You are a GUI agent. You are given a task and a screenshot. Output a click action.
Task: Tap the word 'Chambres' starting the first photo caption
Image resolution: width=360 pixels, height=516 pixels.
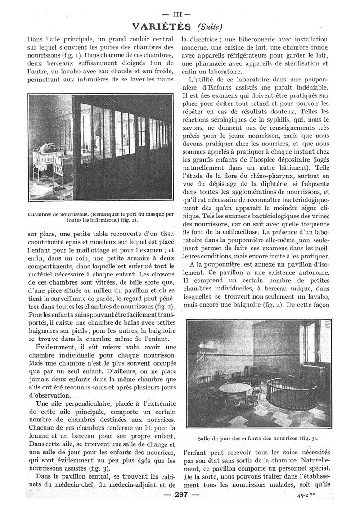tap(41, 214)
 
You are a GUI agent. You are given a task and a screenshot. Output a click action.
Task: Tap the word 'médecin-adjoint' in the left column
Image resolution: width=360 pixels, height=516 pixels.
tap(133, 485)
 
